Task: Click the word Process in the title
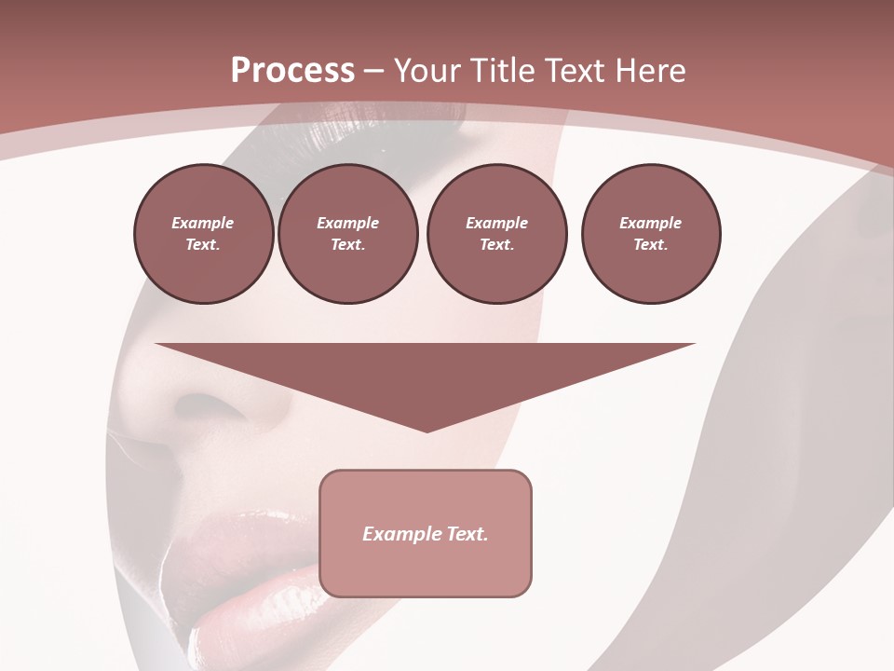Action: (x=292, y=71)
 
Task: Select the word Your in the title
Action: (x=429, y=71)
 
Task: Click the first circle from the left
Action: (x=203, y=234)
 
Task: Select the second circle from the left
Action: (x=348, y=234)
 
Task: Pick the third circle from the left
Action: (x=496, y=234)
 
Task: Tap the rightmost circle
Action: (x=651, y=234)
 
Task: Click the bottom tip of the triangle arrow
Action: (x=427, y=430)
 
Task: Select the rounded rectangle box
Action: (x=426, y=533)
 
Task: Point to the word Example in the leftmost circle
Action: (x=203, y=223)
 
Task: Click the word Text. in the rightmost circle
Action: (x=651, y=245)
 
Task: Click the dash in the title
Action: (x=373, y=72)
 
